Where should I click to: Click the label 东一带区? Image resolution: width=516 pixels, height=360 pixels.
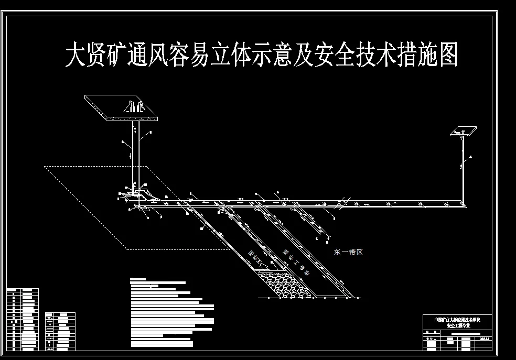(348, 252)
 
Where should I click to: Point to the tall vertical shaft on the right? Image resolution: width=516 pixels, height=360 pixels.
(463, 168)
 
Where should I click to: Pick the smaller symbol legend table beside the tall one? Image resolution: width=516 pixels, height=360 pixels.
(60, 331)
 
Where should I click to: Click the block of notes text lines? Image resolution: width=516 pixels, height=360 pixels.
(170, 314)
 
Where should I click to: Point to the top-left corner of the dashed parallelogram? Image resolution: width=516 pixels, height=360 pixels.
(45, 167)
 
